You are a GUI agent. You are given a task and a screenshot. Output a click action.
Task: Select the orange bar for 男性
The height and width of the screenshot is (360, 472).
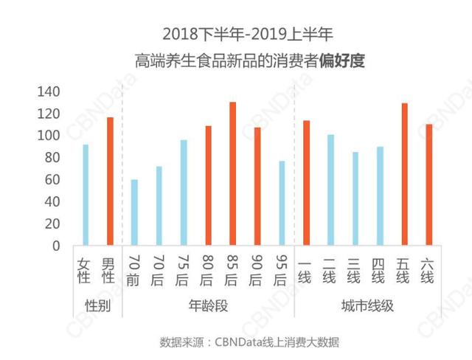[x=110, y=181]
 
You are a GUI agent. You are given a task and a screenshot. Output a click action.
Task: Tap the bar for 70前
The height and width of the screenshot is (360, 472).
[x=134, y=212]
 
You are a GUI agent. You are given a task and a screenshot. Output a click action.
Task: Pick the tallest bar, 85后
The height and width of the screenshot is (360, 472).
[x=232, y=173]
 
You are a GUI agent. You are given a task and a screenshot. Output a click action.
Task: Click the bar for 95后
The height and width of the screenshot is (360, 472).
[x=282, y=203]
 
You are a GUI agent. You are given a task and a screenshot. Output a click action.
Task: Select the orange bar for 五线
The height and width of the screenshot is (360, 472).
[x=404, y=174]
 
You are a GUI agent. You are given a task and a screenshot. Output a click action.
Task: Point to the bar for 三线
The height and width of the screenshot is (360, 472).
[x=355, y=198]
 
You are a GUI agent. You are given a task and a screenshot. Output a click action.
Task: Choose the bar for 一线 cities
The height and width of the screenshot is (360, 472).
[x=306, y=182]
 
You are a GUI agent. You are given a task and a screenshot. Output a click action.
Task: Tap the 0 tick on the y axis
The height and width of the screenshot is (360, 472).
[x=56, y=246]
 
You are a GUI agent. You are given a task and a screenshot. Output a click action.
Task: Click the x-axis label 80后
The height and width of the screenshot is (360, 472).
[x=208, y=269]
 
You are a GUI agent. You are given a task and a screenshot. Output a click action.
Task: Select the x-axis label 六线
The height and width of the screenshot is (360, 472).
[x=428, y=269]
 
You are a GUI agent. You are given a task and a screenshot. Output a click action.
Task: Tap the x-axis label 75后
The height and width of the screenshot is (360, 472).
[x=183, y=269]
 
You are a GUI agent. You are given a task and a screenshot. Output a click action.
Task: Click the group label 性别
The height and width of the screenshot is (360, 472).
[x=97, y=305]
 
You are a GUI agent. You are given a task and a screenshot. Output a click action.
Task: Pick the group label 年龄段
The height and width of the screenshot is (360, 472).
[x=209, y=305]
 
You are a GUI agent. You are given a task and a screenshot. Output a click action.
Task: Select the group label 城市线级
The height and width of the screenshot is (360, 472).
[x=367, y=305]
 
